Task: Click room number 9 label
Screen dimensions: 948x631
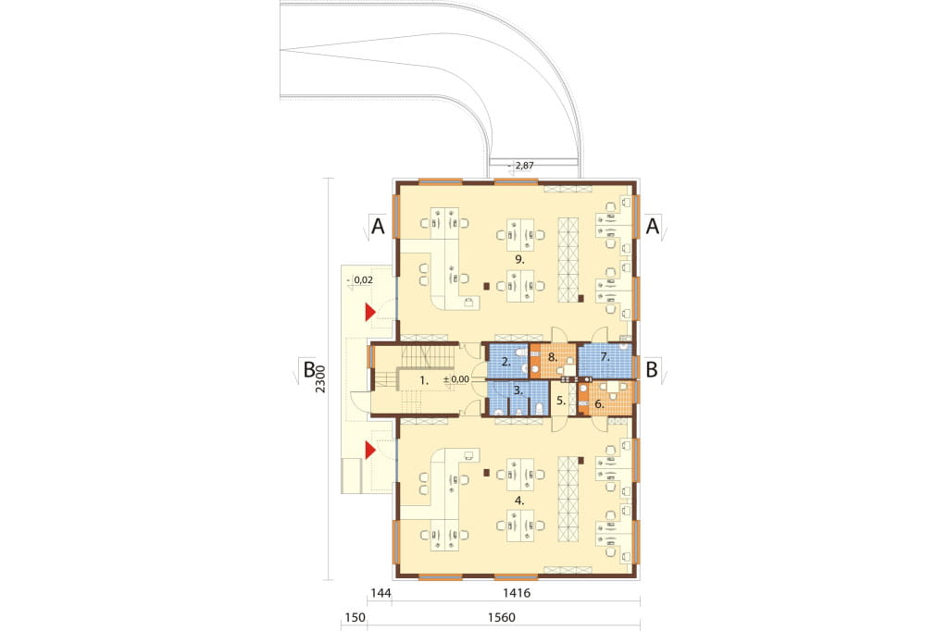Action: point(519,259)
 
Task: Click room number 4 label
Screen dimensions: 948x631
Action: point(519,501)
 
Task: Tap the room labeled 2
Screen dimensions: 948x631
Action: point(507,362)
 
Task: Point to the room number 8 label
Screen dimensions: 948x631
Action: point(552,357)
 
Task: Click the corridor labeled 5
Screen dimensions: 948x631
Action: point(560,400)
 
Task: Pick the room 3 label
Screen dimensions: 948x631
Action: point(518,390)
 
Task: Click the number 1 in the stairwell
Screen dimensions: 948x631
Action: point(424,381)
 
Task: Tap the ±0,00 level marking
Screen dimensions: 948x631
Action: point(456,379)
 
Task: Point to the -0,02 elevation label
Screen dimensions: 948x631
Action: point(360,279)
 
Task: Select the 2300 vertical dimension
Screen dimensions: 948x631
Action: point(320,379)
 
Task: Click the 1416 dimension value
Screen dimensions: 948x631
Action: point(517,593)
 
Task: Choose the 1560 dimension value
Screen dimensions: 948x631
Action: point(501,617)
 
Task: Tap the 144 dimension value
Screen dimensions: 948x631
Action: point(380,593)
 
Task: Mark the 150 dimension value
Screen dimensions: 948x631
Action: point(355,617)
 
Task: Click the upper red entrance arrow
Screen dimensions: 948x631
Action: point(369,313)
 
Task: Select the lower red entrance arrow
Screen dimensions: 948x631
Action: point(369,451)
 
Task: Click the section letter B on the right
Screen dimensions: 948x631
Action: point(652,369)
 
